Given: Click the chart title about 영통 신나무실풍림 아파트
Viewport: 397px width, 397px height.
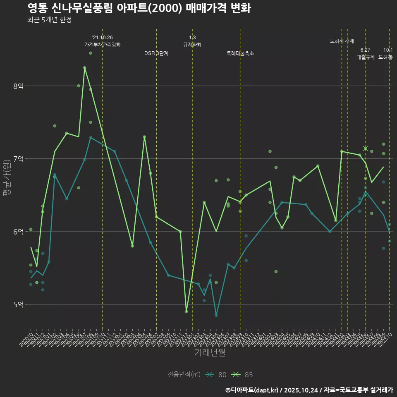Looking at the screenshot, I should click(139, 8).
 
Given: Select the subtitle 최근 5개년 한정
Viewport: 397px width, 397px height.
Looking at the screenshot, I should click(50, 20).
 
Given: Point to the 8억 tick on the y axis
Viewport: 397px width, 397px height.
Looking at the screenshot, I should click(19, 86).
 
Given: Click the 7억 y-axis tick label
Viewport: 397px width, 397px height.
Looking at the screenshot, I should click(19, 159).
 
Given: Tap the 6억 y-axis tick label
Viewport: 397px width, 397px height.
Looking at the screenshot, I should click(19, 232).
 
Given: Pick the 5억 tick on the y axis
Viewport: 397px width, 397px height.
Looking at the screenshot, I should click(19, 304).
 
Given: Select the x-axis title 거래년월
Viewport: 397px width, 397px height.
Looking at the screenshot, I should click(210, 353).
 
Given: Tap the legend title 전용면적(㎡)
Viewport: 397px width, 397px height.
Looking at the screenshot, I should click(184, 375).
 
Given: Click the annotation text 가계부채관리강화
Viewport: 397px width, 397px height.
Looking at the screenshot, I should click(103, 45).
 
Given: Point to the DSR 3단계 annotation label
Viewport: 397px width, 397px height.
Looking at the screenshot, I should click(156, 53).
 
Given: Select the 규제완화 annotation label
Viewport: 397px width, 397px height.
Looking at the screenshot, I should click(192, 45).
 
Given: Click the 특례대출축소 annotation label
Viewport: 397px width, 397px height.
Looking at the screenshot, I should click(240, 53).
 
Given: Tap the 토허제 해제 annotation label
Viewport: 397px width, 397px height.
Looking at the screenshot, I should click(342, 41).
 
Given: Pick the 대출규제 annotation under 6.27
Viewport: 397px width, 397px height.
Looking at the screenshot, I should click(366, 57).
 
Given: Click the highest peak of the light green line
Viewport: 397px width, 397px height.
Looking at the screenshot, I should click(84, 67).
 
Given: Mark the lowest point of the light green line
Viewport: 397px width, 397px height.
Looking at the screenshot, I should click(186, 311).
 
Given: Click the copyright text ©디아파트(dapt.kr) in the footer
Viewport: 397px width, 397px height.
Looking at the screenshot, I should click(252, 390).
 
